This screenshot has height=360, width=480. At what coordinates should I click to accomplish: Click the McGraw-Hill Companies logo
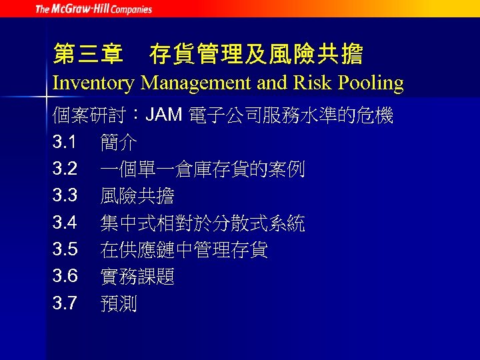pos(93,9)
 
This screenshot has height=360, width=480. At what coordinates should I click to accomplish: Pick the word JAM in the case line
pos(164,115)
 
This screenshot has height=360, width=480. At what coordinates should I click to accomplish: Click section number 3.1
pos(65,143)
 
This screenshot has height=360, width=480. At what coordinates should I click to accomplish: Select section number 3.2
pos(65,169)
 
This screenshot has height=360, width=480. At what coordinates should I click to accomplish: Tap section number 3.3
pos(65,196)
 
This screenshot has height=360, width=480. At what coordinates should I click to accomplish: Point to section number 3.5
pos(65,250)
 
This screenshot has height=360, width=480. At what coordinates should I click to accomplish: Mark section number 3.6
pos(65,277)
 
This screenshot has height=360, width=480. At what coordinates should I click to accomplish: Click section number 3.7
pos(65,304)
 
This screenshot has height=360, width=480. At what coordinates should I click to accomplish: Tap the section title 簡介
pos(119,143)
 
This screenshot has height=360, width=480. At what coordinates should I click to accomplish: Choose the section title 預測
pos(119,304)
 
